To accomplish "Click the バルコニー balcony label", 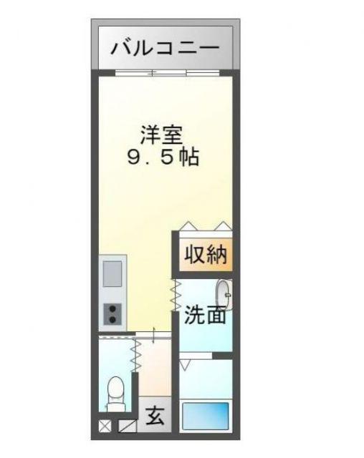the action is (x=166, y=48).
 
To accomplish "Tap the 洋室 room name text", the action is (x=162, y=135).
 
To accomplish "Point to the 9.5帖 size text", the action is (x=163, y=157).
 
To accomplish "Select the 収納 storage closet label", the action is (x=206, y=255).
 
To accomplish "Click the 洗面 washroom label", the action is (x=205, y=315).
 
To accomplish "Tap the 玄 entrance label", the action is (x=155, y=416).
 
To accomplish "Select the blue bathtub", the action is (x=206, y=416).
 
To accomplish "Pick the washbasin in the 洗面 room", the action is (x=224, y=294).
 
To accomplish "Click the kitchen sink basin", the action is (x=112, y=273).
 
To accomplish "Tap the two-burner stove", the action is (x=112, y=314).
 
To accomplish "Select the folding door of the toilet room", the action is (x=136, y=355).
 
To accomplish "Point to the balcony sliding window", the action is (x=167, y=73).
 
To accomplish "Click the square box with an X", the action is (x=105, y=426).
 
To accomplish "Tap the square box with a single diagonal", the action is (x=128, y=426).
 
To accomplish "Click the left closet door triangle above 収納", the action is (x=188, y=226).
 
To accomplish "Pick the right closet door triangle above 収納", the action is (x=224, y=226).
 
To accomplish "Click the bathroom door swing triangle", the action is (x=185, y=364).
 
